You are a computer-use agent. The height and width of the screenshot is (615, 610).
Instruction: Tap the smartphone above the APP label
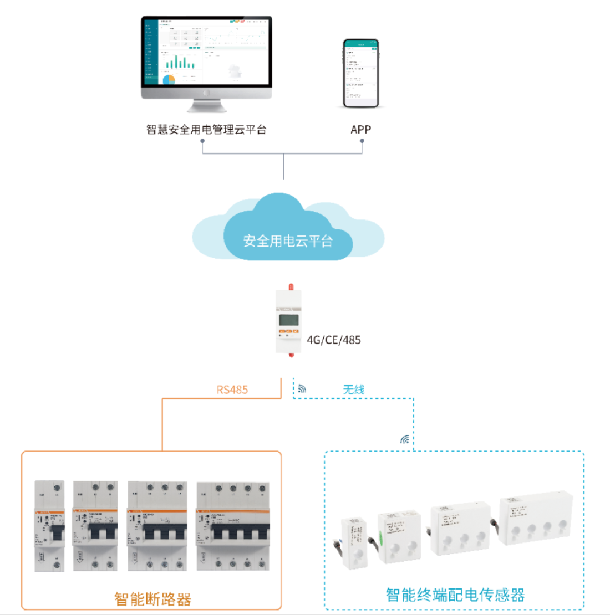click(x=360, y=73)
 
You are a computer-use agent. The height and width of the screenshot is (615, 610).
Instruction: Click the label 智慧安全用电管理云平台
click(x=206, y=130)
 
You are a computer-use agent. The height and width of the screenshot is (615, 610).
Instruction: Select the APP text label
click(x=360, y=130)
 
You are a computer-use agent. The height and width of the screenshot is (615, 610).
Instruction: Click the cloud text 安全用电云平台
click(x=288, y=241)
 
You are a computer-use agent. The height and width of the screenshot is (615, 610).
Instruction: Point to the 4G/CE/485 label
click(x=334, y=340)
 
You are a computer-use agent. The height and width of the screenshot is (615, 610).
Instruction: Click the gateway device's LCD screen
click(x=288, y=320)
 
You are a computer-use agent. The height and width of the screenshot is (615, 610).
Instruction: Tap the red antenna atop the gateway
click(x=291, y=287)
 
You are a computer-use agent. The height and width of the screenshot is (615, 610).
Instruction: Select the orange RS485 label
click(x=232, y=389)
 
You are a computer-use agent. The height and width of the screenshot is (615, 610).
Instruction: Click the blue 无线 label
click(x=353, y=389)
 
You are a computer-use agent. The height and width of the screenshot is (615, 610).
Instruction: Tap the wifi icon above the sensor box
click(x=405, y=440)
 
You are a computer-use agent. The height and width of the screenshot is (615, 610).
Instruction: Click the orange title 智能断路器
click(x=152, y=599)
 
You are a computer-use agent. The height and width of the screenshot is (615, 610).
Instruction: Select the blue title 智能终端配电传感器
click(x=455, y=595)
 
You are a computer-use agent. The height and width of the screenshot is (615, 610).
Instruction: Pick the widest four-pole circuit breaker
click(x=233, y=526)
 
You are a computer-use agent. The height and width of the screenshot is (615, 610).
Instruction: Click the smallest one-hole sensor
click(x=353, y=543)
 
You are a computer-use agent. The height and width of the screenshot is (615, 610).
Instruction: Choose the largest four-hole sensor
click(x=534, y=518)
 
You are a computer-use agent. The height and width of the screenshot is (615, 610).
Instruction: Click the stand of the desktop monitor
click(x=206, y=105)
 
